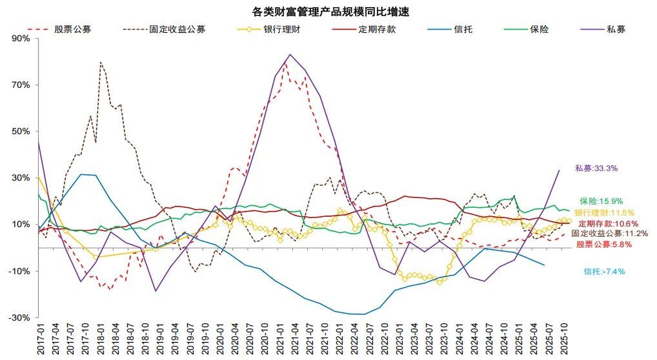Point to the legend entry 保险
pyautogui.click(x=539, y=29)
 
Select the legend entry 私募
pyautogui.click(x=616, y=29)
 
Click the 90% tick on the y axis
pyautogui.click(x=21, y=38)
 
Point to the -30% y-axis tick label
pyautogui.click(x=20, y=318)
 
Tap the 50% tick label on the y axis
pyautogui.click(x=21, y=132)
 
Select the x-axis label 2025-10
pyautogui.click(x=564, y=339)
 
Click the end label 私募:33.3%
pyautogui.click(x=596, y=168)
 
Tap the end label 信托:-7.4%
pyautogui.click(x=604, y=272)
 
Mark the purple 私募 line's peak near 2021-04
pyautogui.click(x=289, y=54)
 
